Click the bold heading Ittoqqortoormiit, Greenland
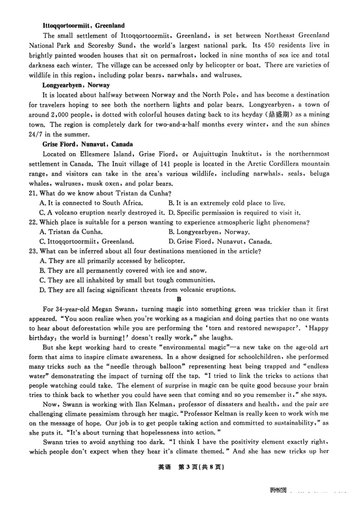coord(83,26)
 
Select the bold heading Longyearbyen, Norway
coord(76,85)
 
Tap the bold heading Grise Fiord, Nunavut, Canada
coord(88,144)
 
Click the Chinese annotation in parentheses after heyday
coord(280,115)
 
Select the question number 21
coord(33,193)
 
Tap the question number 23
coord(33,251)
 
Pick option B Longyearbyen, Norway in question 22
coord(209,232)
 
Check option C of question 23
coord(127,280)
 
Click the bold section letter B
coord(179,299)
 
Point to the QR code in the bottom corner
coord(278,490)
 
